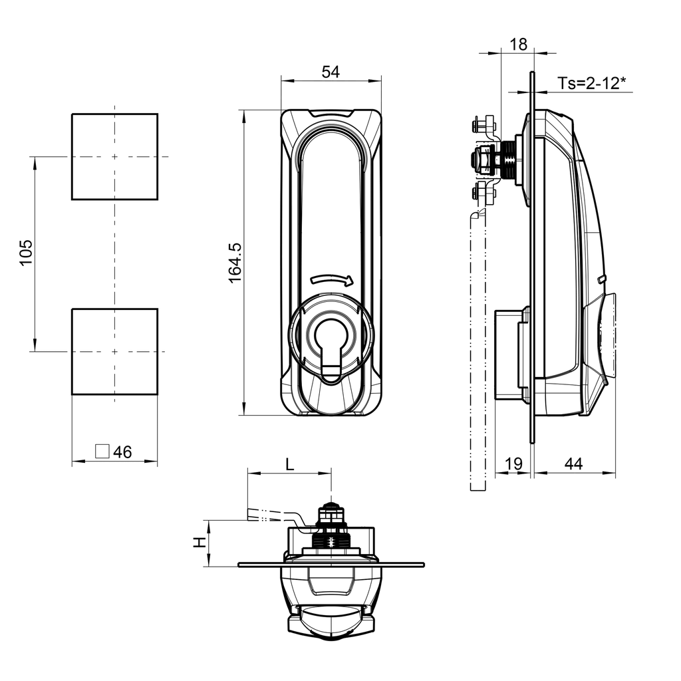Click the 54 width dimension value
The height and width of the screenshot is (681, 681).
[x=331, y=72]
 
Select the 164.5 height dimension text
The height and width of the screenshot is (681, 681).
[x=235, y=262]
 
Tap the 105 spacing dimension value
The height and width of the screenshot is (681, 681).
[x=25, y=253]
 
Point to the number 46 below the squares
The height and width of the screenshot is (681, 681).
[x=122, y=452]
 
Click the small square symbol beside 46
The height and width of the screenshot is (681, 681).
[x=102, y=451]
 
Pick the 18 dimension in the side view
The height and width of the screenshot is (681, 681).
[x=518, y=45]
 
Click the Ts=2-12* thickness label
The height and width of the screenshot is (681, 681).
[x=592, y=82]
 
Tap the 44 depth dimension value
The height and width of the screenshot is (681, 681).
[x=573, y=464]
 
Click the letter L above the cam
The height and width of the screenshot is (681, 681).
[x=289, y=464]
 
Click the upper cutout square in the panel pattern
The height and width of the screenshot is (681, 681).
[x=114, y=156]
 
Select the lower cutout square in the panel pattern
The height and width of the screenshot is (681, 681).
[x=114, y=351]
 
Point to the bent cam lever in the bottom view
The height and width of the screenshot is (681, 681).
[x=279, y=516]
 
